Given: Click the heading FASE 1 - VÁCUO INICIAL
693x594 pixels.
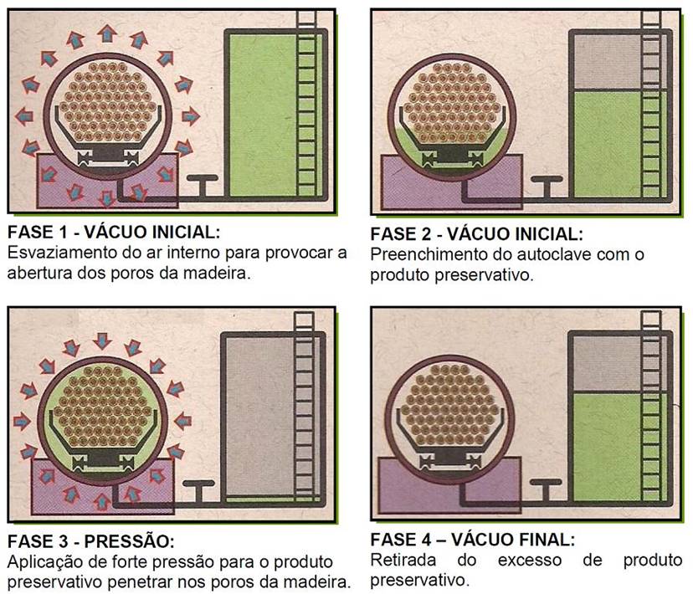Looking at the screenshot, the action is coord(114,232).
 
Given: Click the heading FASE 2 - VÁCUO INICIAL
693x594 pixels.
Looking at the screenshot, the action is coord(476,234).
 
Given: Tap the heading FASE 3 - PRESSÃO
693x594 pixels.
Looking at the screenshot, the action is coord(91,541).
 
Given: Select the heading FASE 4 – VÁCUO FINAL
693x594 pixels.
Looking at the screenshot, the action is coord(472,540).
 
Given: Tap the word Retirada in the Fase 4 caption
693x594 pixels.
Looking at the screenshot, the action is coord(403,560).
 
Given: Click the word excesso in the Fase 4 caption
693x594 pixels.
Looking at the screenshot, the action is coord(530,561).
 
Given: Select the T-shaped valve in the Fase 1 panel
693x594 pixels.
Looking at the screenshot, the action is coord(203,185).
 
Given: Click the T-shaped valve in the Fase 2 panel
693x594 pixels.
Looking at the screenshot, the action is coord(547,186).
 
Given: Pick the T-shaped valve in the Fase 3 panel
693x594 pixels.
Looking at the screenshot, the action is coord(199,490).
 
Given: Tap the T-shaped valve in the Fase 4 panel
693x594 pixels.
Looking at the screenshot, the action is coord(546,489).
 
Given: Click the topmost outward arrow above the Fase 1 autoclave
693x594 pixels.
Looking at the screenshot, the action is coord(107,34).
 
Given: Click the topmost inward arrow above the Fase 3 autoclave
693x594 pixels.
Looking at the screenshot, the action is coord(103,341).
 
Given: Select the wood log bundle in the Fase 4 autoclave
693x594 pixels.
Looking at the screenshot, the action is coord(450,404).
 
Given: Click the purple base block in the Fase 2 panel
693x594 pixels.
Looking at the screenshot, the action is coord(452,182).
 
